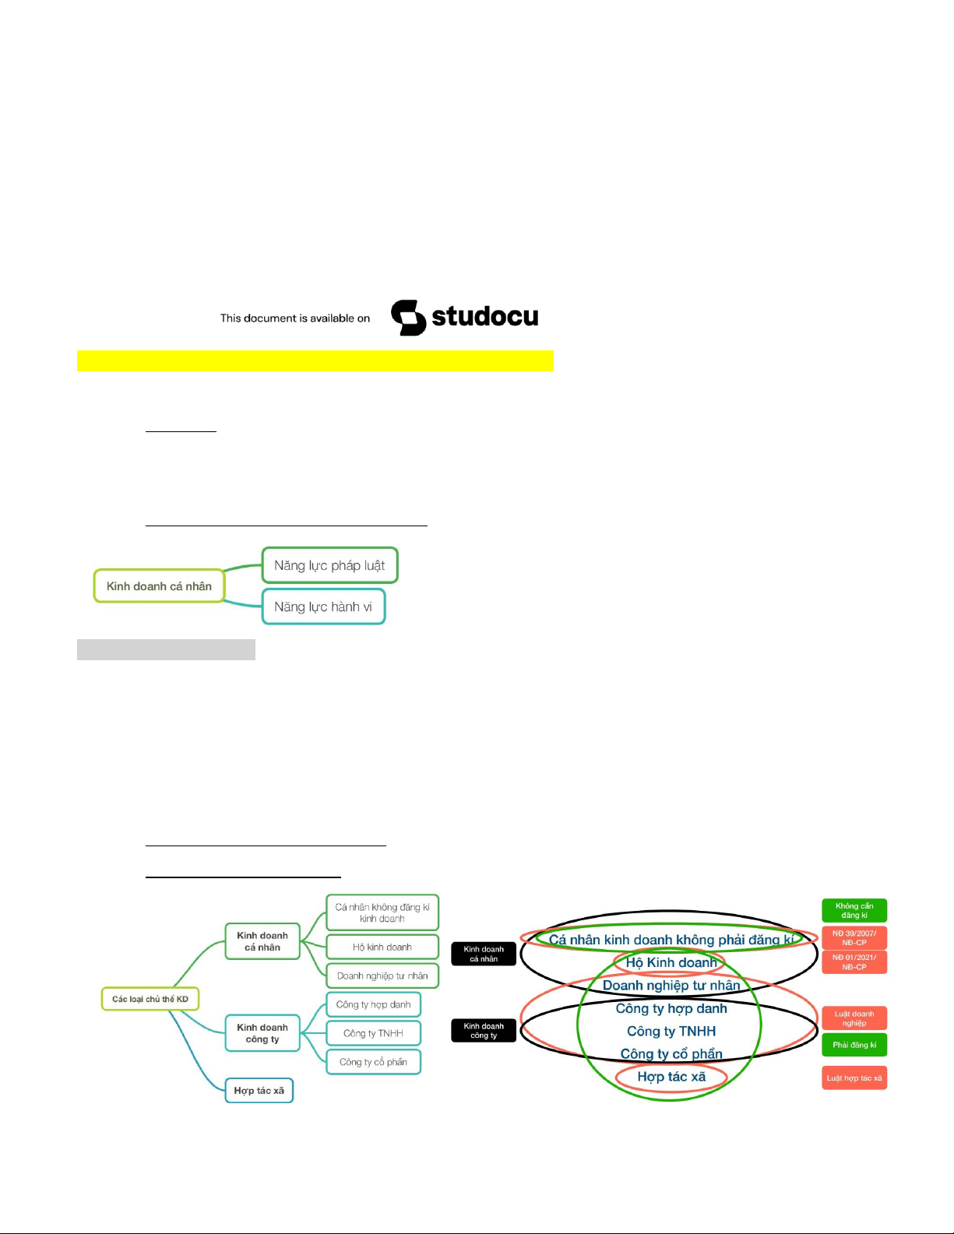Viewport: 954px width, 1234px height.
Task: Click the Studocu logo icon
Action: (x=408, y=318)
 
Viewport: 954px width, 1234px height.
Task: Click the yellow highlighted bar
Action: (x=315, y=360)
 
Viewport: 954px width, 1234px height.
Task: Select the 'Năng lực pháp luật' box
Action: (x=330, y=565)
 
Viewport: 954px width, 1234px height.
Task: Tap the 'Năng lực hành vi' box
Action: (x=324, y=606)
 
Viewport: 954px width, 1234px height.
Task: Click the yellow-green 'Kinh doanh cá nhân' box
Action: (x=159, y=585)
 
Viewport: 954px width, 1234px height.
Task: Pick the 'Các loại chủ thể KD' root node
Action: (x=150, y=999)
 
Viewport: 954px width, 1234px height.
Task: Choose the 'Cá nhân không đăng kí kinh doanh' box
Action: (x=382, y=912)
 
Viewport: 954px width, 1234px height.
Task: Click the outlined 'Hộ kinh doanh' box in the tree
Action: (x=382, y=947)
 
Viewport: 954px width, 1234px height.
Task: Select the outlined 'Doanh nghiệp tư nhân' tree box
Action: (x=382, y=976)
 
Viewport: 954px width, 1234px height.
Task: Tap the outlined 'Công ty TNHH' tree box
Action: (x=373, y=1033)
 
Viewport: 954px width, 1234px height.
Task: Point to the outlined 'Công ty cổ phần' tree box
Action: (x=373, y=1062)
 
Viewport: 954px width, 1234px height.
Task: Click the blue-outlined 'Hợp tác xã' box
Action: (x=259, y=1090)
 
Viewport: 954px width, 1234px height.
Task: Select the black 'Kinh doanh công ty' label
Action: (x=484, y=1031)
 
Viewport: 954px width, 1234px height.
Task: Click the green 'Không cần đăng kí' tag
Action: (x=854, y=910)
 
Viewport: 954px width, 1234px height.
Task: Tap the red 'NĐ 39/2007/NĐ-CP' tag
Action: (x=854, y=937)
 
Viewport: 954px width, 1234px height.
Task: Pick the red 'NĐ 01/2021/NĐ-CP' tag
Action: (x=854, y=962)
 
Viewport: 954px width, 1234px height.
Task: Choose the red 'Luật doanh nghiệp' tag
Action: (x=854, y=1018)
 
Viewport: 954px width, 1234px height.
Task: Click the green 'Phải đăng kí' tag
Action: (x=854, y=1045)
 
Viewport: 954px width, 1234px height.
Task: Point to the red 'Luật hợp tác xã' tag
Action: (x=854, y=1078)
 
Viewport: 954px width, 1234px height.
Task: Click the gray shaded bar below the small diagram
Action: (x=166, y=649)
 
